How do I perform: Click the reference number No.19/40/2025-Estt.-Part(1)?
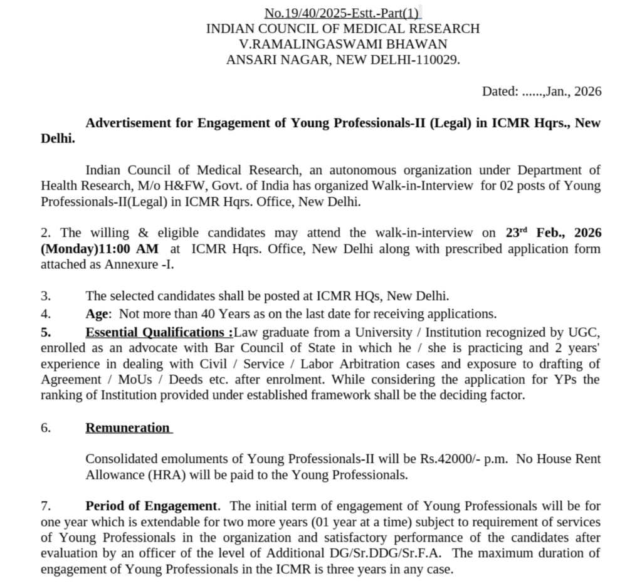[342, 13]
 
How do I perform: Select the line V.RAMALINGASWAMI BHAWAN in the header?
[343, 44]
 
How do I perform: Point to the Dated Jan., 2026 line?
[541, 92]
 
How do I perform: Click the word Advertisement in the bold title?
[130, 123]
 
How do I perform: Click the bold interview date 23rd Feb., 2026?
[553, 233]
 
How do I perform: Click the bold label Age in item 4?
[97, 313]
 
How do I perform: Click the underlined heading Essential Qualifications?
[158, 332]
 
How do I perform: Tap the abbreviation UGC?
[587, 332]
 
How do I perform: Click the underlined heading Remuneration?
[128, 427]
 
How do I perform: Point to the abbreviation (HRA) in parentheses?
[169, 475]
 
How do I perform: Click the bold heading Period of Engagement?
[152, 506]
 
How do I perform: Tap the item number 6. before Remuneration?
[46, 427]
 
